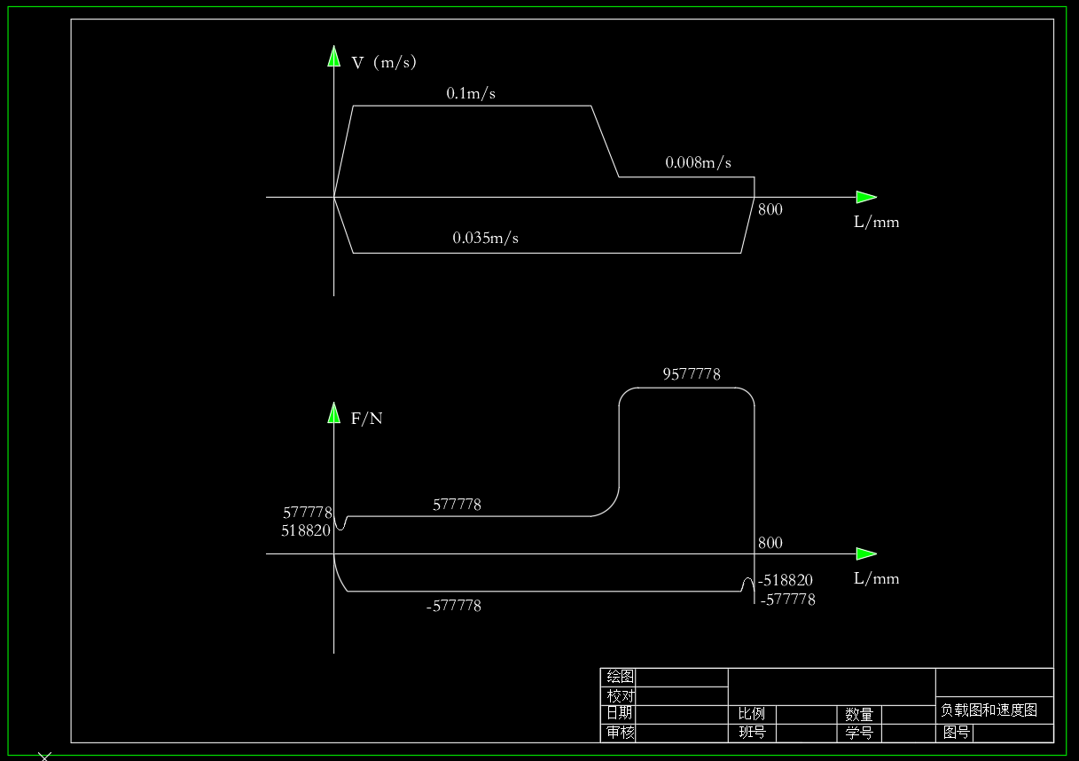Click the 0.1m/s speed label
click(x=471, y=93)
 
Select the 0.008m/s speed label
click(x=698, y=163)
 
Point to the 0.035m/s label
click(x=485, y=238)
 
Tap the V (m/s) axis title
click(x=384, y=62)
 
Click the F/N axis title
click(x=367, y=419)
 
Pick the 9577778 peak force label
click(x=692, y=374)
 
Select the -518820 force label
click(x=786, y=581)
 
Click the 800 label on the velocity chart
click(x=770, y=210)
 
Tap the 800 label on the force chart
click(x=770, y=543)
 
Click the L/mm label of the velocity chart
click(x=876, y=223)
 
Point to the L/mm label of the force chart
click(x=876, y=579)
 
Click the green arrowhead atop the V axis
click(x=334, y=57)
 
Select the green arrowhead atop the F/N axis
click(x=334, y=413)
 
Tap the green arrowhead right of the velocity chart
click(x=865, y=197)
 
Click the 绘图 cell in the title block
click(x=620, y=677)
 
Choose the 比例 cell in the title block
click(x=751, y=714)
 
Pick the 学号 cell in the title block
click(x=858, y=733)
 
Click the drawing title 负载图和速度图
click(x=989, y=710)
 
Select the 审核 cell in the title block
click(x=620, y=733)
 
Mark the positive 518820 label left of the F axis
click(x=306, y=531)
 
